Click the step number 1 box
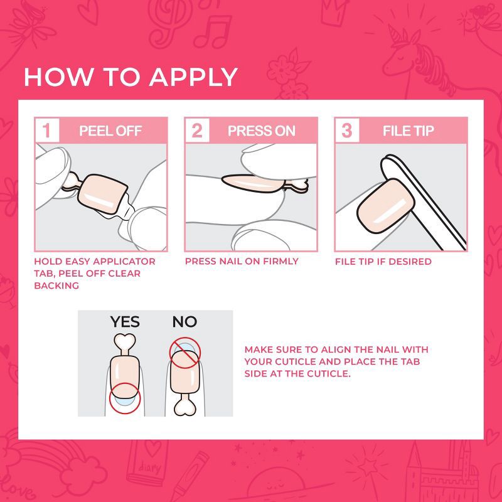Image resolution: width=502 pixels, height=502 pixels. pyautogui.click(x=46, y=131)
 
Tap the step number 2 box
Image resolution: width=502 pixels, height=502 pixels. pyautogui.click(x=197, y=131)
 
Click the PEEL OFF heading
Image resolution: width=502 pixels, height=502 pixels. pyautogui.click(x=110, y=131)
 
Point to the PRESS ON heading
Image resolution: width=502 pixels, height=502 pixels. pyautogui.click(x=261, y=131)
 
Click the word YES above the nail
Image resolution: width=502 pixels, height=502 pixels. pyautogui.click(x=125, y=322)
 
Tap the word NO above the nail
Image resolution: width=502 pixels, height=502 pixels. pyautogui.click(x=184, y=322)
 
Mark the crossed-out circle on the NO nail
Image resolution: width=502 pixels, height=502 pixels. pyautogui.click(x=184, y=353)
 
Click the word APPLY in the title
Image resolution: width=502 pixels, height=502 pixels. pyautogui.click(x=194, y=77)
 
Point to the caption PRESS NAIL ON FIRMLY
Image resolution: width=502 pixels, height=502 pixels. pyautogui.click(x=242, y=261)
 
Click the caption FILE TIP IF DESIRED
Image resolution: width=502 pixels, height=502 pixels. pyautogui.click(x=383, y=261)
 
